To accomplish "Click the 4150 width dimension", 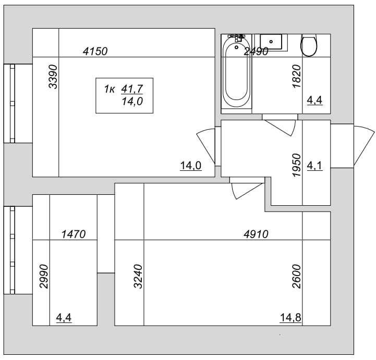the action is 95,51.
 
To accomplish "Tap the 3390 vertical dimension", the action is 53,77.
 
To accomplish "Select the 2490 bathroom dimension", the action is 256,51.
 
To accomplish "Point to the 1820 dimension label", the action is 297,77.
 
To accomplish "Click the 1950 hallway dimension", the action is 297,165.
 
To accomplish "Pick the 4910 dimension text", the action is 256,234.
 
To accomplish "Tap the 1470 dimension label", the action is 74,234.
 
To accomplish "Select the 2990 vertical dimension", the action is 44,277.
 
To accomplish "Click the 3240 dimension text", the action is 138,277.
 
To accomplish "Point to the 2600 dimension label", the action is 297,277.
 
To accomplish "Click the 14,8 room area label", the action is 290,318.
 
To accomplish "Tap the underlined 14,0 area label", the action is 191,166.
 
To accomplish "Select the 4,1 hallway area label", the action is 314,166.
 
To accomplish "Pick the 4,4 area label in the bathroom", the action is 314,101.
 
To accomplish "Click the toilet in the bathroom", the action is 309,45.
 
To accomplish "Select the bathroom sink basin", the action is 271,42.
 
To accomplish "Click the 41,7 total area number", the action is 132,89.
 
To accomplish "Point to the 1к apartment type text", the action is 110,89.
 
